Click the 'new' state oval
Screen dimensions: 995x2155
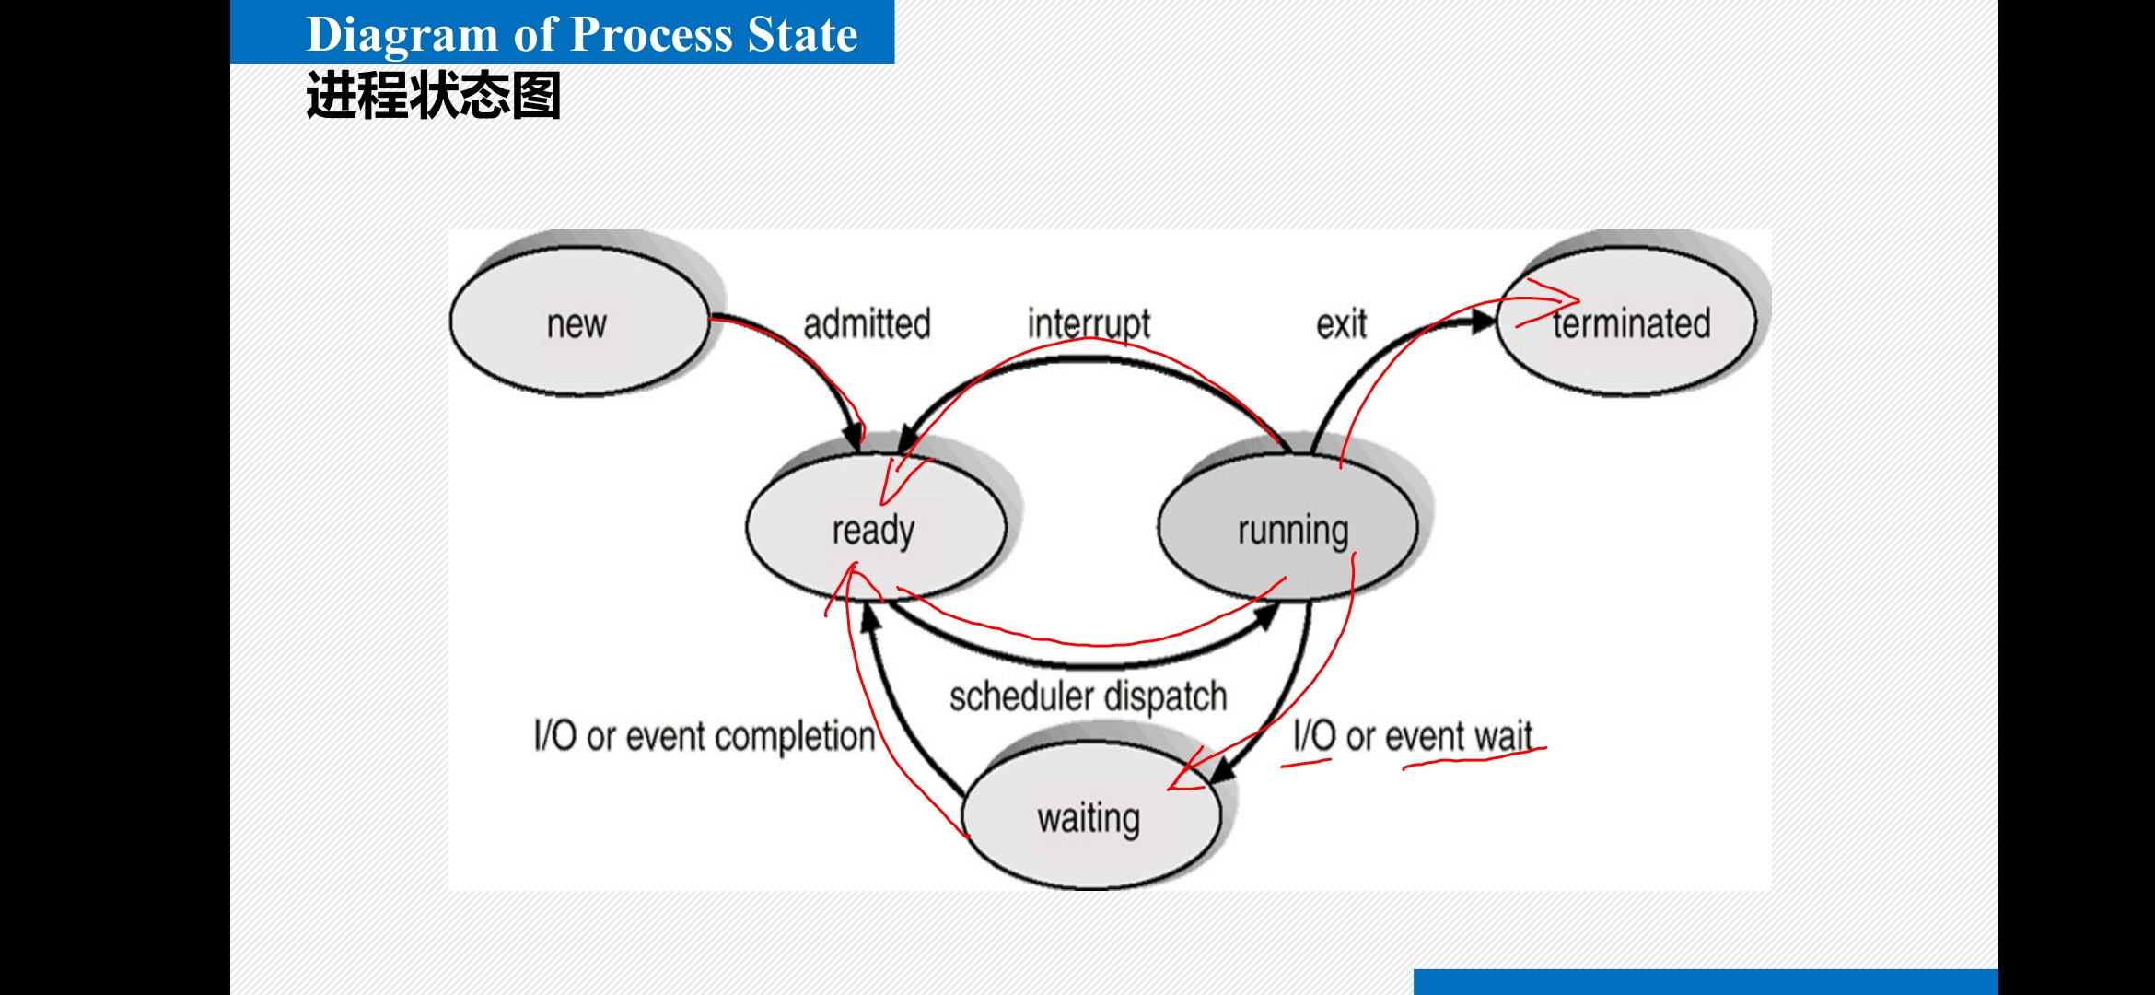[578, 322]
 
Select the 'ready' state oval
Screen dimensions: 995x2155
[874, 530]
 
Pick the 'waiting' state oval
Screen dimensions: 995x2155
[1089, 818]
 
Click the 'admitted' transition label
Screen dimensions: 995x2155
[867, 324]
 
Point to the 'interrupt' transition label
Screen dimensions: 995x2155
[1089, 324]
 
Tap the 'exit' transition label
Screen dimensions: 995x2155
[1341, 324]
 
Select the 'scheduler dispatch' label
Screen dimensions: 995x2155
[1088, 696]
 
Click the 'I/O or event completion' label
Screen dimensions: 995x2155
[705, 736]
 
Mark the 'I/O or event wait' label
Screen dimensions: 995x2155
[1412, 736]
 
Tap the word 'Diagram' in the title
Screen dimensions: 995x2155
[402, 34]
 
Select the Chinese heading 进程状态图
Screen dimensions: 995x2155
[433, 96]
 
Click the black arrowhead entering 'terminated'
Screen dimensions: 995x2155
[1482, 322]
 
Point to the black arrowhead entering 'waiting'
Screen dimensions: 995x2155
[1223, 770]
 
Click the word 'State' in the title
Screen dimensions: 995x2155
[802, 34]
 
